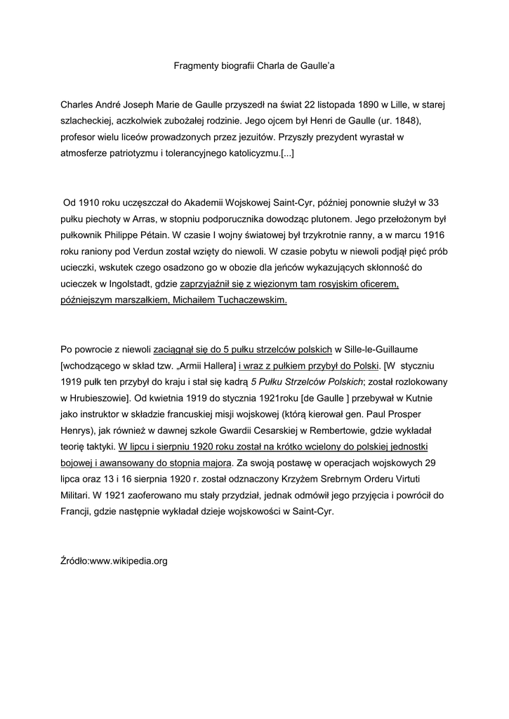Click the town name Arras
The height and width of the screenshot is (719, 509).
153,219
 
